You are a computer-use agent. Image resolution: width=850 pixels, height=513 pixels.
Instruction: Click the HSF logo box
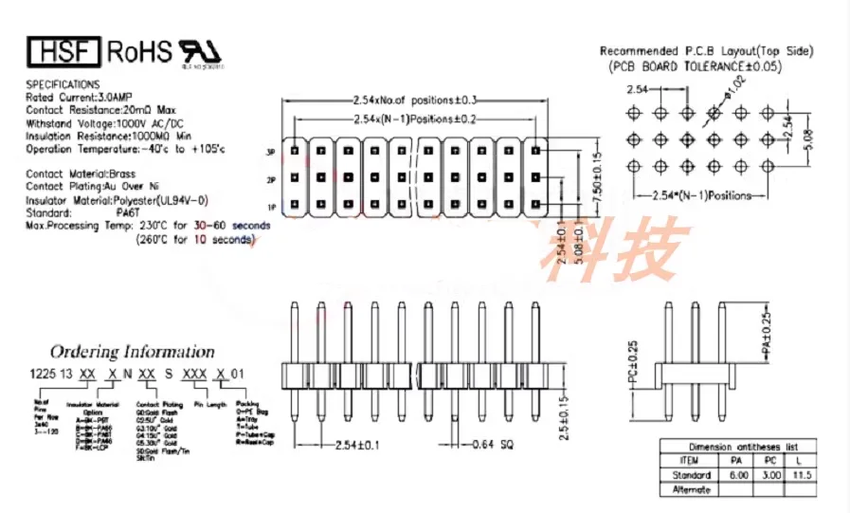[63, 50]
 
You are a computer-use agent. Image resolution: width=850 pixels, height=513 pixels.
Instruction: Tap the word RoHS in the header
[139, 50]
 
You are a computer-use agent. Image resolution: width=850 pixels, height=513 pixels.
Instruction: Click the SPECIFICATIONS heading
[63, 84]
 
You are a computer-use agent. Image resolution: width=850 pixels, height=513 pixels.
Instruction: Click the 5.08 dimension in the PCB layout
[807, 138]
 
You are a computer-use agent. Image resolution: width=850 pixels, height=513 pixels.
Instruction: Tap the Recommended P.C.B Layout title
[707, 51]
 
